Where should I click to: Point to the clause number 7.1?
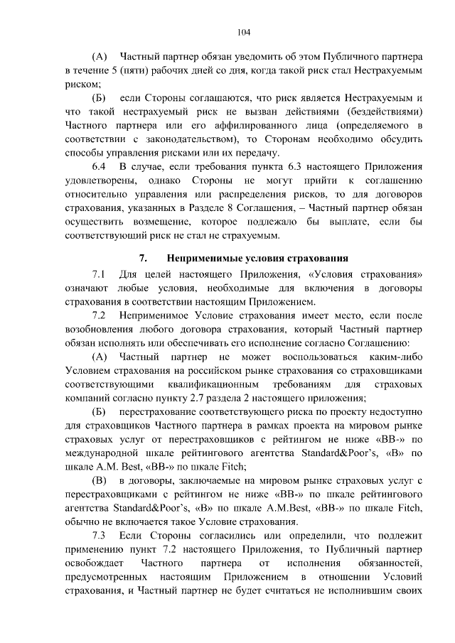click(99, 274)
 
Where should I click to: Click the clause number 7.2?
click(99, 314)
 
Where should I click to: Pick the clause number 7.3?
click(99, 534)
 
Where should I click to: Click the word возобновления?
click(102, 329)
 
